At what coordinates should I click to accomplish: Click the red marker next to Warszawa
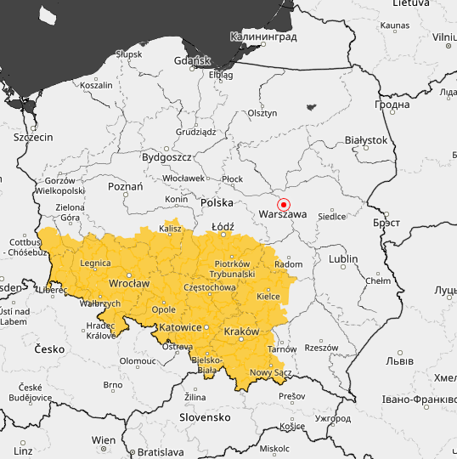285,205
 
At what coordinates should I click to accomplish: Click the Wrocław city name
129,283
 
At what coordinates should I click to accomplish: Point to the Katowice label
179,327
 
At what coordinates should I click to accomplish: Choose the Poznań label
126,186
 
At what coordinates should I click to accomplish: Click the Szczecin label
33,137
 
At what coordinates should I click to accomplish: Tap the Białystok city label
366,139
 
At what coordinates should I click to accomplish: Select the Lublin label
343,258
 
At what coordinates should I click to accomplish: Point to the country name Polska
217,203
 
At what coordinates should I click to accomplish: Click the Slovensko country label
205,417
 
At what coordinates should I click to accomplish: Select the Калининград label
262,37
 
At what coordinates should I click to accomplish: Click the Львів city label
399,360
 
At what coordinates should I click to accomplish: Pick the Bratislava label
160,452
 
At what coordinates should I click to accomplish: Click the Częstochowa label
209,288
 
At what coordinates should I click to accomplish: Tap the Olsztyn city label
262,113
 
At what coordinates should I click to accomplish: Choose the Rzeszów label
321,348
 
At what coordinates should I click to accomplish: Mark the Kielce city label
268,297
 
